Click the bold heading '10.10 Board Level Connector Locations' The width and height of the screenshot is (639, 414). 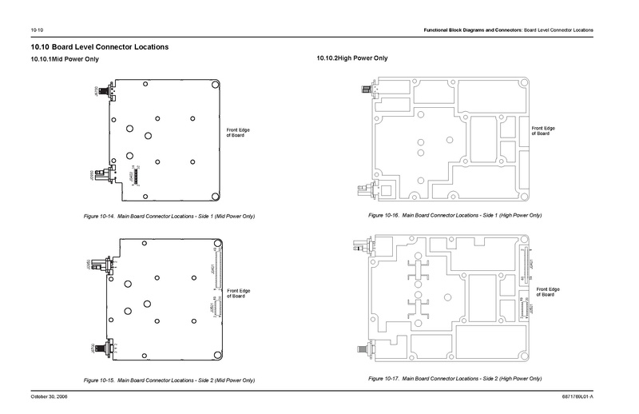(99, 47)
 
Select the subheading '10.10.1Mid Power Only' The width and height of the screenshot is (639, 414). (64, 60)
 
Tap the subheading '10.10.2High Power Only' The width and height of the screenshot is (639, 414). (352, 60)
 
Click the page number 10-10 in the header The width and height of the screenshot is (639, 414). (37, 30)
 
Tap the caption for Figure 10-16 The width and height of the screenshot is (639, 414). (455, 217)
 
